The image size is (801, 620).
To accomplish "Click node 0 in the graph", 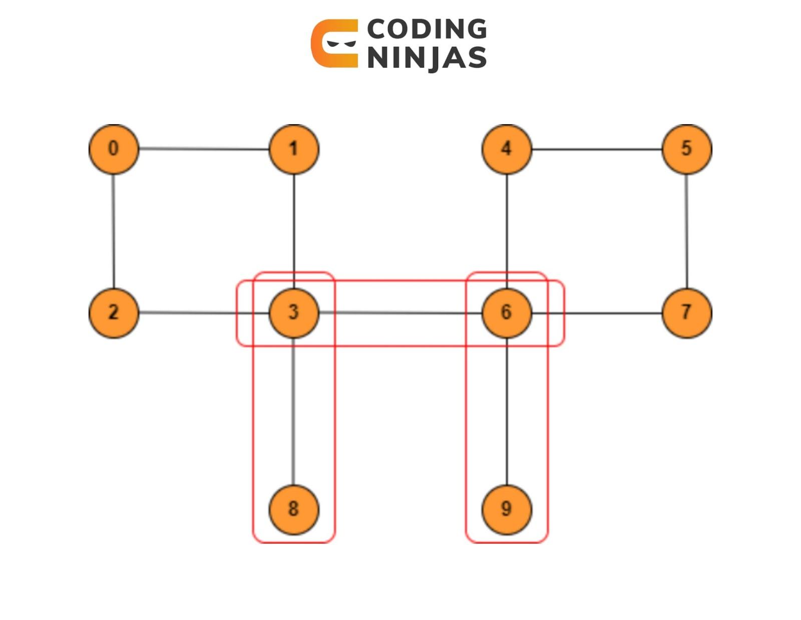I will pyautogui.click(x=114, y=149).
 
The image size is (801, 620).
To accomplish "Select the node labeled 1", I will pyautogui.click(x=294, y=149).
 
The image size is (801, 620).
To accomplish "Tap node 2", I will pyautogui.click(x=114, y=313).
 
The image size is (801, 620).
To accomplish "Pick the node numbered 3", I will pyautogui.click(x=294, y=313).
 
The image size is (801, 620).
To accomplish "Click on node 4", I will pyautogui.click(x=507, y=149).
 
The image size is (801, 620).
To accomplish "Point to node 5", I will pyautogui.click(x=687, y=149).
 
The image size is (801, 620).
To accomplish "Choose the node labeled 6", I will pyautogui.click(x=507, y=313).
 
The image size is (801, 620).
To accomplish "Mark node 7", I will pyautogui.click(x=687, y=313).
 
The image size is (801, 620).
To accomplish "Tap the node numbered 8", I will pyautogui.click(x=294, y=509).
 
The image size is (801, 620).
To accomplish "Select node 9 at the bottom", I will pyautogui.click(x=507, y=509).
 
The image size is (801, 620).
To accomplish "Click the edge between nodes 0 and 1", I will pyautogui.click(x=204, y=149).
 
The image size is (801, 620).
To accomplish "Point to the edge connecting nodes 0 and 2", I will pyautogui.click(x=114, y=230).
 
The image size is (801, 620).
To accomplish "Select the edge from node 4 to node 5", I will pyautogui.click(x=597, y=149).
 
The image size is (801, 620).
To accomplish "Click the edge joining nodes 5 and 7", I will pyautogui.click(x=687, y=230).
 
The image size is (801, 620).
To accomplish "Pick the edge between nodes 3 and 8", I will pyautogui.click(x=293, y=411).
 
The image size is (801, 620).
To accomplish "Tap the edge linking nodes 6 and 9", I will pyautogui.click(x=507, y=411).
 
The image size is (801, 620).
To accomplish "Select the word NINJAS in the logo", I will pyautogui.click(x=427, y=57).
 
